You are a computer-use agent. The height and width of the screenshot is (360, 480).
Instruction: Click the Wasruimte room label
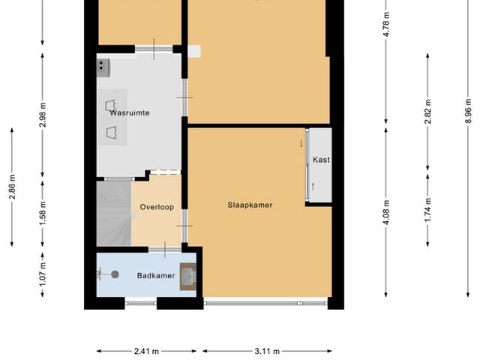[130, 113]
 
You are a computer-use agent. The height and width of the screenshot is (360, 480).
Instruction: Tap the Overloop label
[157, 207]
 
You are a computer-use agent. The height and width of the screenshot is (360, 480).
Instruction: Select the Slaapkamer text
[250, 205]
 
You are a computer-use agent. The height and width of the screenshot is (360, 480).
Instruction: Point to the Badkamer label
[156, 276]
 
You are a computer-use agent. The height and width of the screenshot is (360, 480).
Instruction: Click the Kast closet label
[321, 160]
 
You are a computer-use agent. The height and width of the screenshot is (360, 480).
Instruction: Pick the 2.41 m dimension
[147, 351]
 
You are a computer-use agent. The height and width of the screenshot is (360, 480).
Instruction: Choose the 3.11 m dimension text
[267, 351]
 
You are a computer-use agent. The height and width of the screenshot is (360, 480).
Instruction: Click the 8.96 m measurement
[468, 111]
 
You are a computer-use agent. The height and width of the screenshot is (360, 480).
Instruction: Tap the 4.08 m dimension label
[386, 212]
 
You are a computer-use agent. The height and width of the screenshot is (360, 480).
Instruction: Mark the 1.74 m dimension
[427, 210]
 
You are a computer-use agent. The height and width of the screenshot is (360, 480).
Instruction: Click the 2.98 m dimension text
[43, 115]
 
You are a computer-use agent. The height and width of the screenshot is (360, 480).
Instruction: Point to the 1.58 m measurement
[43, 213]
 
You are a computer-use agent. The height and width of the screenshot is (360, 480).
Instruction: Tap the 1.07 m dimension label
[43, 274]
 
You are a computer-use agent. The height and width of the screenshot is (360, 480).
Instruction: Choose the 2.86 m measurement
[12, 187]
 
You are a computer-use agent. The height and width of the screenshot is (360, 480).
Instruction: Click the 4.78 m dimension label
[386, 25]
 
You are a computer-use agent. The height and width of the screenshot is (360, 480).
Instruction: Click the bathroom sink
[188, 277]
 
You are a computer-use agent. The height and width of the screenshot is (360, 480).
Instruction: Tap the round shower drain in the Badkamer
[115, 274]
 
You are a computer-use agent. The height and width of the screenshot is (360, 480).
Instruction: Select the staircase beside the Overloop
[114, 214]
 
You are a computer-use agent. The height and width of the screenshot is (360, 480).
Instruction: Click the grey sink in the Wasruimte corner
[103, 68]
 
